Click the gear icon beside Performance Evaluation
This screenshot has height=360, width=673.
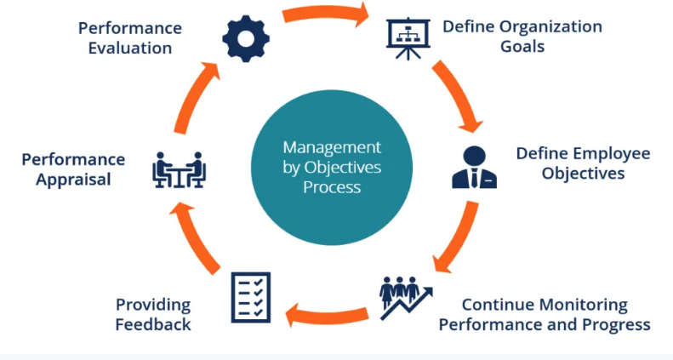tap(247, 37)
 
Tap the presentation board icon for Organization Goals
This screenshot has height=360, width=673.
tap(408, 38)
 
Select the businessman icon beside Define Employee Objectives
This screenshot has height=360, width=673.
tap(474, 167)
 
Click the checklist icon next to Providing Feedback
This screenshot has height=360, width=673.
tap(251, 296)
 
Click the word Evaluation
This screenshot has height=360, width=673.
tap(129, 48)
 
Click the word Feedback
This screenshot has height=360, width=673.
tap(154, 324)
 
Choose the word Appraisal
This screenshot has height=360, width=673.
tap(73, 179)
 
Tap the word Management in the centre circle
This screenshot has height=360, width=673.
tap(332, 146)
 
